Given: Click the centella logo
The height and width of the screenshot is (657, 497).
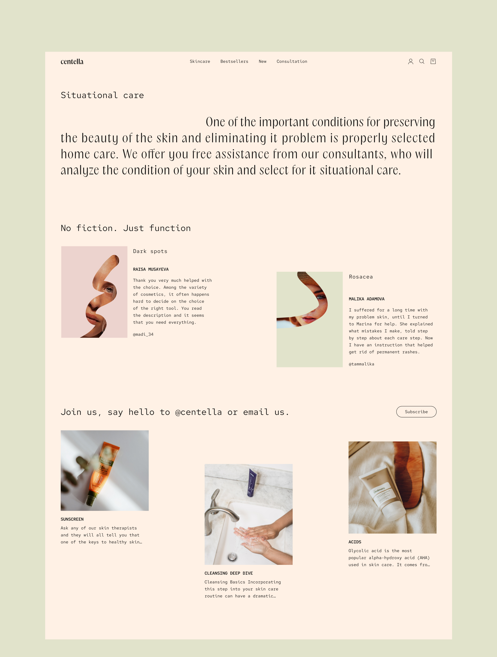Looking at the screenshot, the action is [x=72, y=61].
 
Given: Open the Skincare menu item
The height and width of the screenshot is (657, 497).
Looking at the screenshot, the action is [x=200, y=61].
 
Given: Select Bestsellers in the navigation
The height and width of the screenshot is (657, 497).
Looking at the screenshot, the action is [x=234, y=61].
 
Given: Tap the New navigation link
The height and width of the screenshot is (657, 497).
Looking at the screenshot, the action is [x=263, y=61].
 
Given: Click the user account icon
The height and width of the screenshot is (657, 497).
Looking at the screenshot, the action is [x=410, y=61].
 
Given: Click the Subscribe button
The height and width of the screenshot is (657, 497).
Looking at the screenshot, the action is [x=416, y=412].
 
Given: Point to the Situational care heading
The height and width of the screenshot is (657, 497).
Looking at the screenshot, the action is [x=102, y=95].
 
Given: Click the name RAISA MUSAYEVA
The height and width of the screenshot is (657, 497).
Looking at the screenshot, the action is [x=151, y=269].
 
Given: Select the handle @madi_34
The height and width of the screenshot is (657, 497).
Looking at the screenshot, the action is [x=143, y=334].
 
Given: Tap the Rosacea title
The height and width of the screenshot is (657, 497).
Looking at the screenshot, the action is [x=361, y=277].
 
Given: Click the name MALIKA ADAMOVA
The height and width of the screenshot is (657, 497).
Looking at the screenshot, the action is [x=367, y=299].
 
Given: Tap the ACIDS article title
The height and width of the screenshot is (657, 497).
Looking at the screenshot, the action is [x=355, y=542].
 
